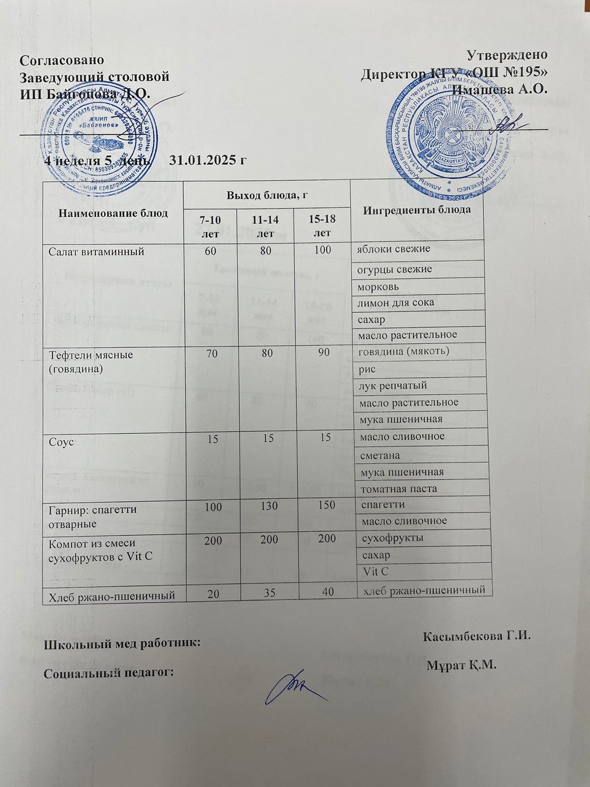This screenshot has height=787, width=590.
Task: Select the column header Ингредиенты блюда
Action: coord(417,210)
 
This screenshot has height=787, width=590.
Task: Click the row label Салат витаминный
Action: coord(96,251)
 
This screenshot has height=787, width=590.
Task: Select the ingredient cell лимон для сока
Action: coord(396,303)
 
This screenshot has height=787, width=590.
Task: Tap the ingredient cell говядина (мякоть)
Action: coord(405,351)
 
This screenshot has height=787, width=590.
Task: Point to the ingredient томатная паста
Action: coord(399,489)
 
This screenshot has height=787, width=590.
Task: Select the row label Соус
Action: coord(60,442)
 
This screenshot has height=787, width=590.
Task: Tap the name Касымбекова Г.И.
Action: coord(475,636)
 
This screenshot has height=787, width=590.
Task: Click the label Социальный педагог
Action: coord(109,672)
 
